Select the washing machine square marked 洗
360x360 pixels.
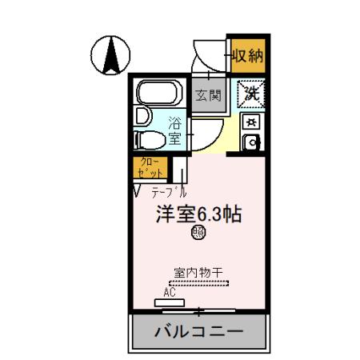251,92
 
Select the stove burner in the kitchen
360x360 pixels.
251,122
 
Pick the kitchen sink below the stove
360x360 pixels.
251,144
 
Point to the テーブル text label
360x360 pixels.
169,193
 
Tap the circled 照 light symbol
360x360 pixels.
198,233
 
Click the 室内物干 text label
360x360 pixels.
199,272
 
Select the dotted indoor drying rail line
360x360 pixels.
199,282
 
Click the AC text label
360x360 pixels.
170,293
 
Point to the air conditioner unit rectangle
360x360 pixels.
170,302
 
